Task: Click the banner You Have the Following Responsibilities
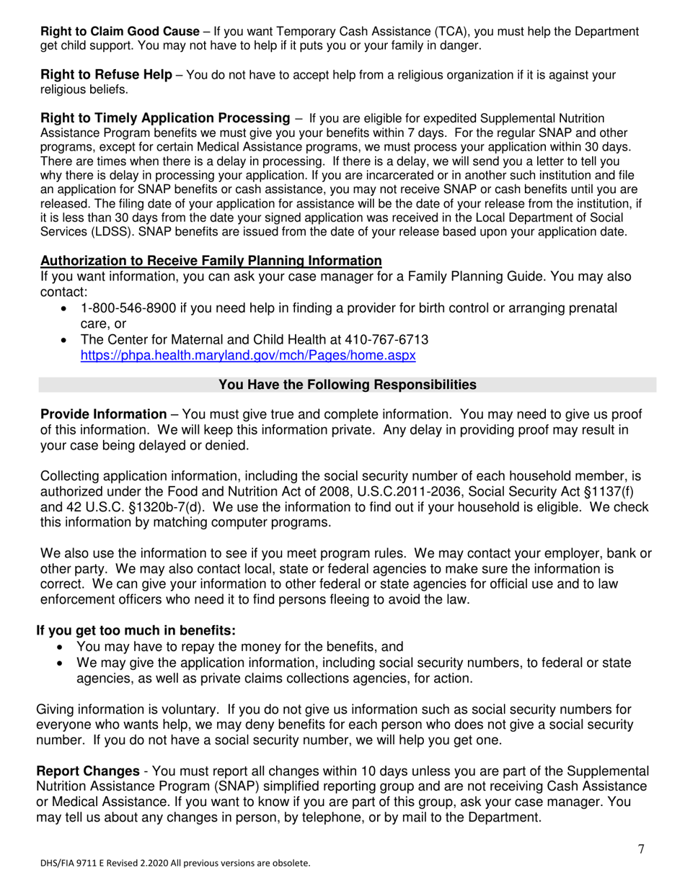347,385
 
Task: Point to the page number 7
641,849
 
